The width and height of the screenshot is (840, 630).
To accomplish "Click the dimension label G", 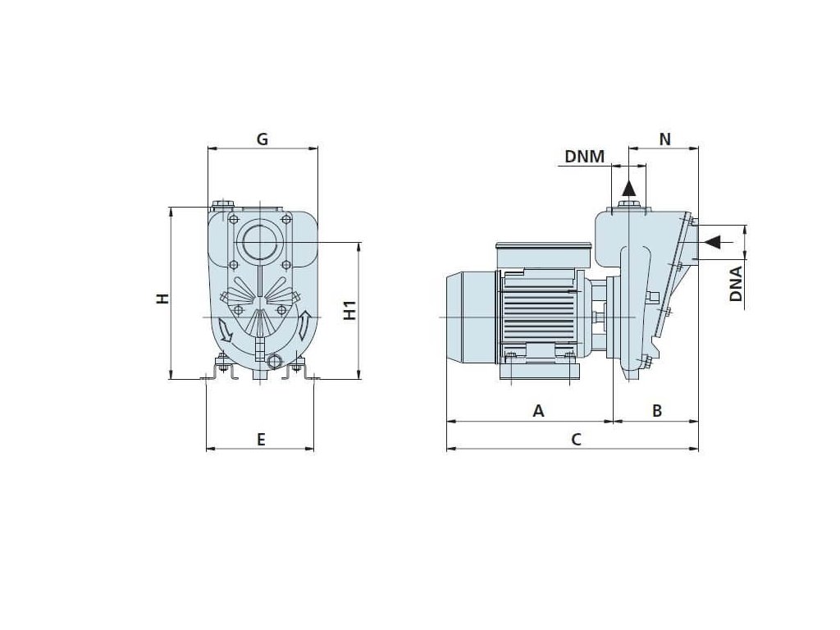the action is point(262,139).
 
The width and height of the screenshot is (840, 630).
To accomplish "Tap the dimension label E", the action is point(261,440).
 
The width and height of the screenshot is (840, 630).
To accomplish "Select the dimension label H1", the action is point(349,311).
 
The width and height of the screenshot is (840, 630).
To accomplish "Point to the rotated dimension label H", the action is point(162,299).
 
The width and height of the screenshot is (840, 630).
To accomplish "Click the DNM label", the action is point(584,157).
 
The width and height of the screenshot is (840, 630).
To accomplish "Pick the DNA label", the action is point(737,284).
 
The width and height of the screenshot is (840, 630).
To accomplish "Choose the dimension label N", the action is point(664,139).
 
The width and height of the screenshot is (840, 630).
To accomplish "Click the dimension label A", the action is point(538,411).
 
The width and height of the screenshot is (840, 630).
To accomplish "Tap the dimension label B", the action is point(657,411).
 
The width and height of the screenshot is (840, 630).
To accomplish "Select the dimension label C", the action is point(576,440).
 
